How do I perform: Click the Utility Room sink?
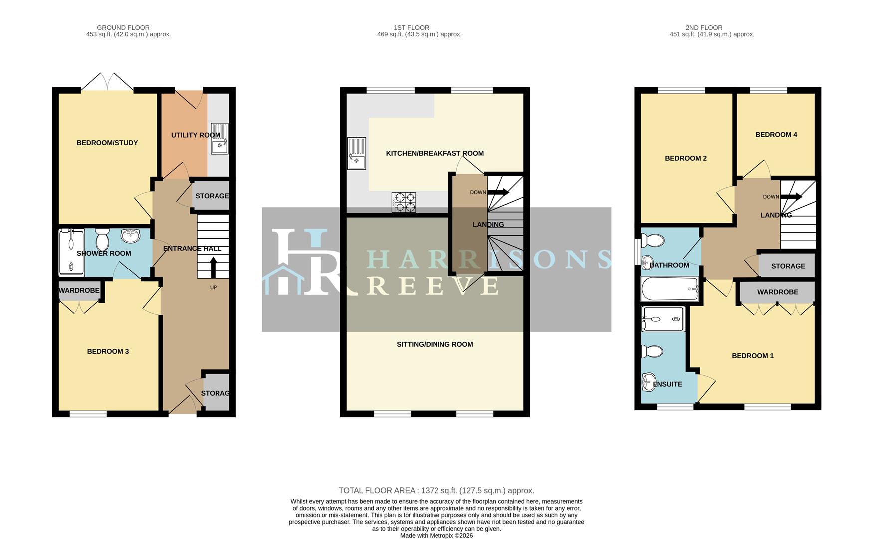(219, 139)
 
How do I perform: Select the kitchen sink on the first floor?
(356, 154)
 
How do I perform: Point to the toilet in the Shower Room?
(102, 240)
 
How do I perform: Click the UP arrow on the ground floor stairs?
(213, 267)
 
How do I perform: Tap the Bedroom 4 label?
(776, 135)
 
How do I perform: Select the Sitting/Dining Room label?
(435, 344)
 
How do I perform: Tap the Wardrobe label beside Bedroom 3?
(79, 291)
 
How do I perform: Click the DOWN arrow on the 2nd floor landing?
(791, 197)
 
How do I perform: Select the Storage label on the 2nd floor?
(788, 266)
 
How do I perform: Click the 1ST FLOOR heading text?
(411, 28)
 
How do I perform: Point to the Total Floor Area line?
(436, 491)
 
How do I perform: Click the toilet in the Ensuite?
(652, 352)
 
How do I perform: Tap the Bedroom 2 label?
(685, 159)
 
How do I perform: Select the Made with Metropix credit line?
(436, 536)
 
